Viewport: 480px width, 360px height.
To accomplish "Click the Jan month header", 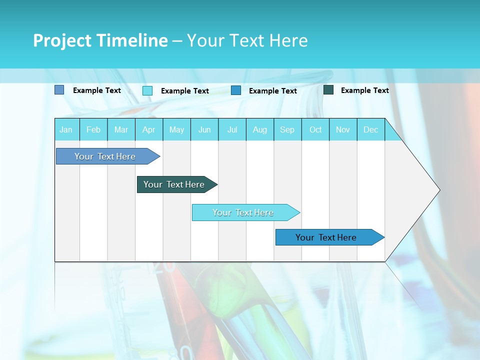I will point(66,129).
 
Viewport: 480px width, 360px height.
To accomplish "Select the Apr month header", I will point(149,129).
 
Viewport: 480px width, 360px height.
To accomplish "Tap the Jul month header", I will point(232,129).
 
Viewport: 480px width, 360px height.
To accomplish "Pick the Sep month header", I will point(287,129).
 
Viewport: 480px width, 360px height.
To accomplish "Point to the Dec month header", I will point(370,129).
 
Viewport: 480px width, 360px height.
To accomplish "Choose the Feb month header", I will point(93,129).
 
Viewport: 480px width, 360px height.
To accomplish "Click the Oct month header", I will point(315,129).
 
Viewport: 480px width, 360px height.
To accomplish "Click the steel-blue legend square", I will point(59,90).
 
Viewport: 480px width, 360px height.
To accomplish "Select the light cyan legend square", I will point(147,90).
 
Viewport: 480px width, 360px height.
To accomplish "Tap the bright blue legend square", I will point(236,90).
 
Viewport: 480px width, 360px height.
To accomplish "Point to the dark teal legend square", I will point(328,90).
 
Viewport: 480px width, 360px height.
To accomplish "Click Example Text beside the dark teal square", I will point(364,90).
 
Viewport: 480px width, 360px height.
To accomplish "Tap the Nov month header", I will point(343,129).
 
